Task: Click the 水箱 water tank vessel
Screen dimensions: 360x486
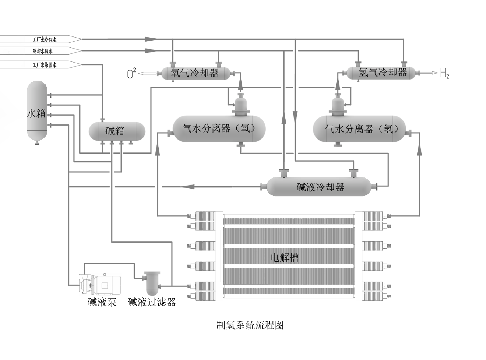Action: tap(37, 111)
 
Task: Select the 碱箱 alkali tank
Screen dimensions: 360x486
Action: tap(116, 131)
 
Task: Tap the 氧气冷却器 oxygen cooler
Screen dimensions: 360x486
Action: tap(195, 73)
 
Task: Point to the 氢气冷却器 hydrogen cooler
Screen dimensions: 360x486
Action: tap(382, 72)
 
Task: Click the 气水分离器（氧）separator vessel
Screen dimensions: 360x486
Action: tap(219, 128)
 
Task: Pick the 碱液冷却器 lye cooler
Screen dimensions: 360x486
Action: tap(319, 187)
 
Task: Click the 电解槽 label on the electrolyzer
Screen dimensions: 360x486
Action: tap(285, 258)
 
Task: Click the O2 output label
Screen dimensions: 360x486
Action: tap(131, 73)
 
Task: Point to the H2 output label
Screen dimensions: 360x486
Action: tap(444, 73)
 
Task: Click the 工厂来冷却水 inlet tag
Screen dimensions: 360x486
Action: tap(44, 40)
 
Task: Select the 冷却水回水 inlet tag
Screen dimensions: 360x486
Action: tap(42, 51)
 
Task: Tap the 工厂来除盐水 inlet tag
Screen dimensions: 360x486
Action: tap(44, 65)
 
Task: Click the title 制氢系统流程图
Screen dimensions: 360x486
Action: tap(250, 325)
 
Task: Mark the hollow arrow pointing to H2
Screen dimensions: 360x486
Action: tap(429, 73)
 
